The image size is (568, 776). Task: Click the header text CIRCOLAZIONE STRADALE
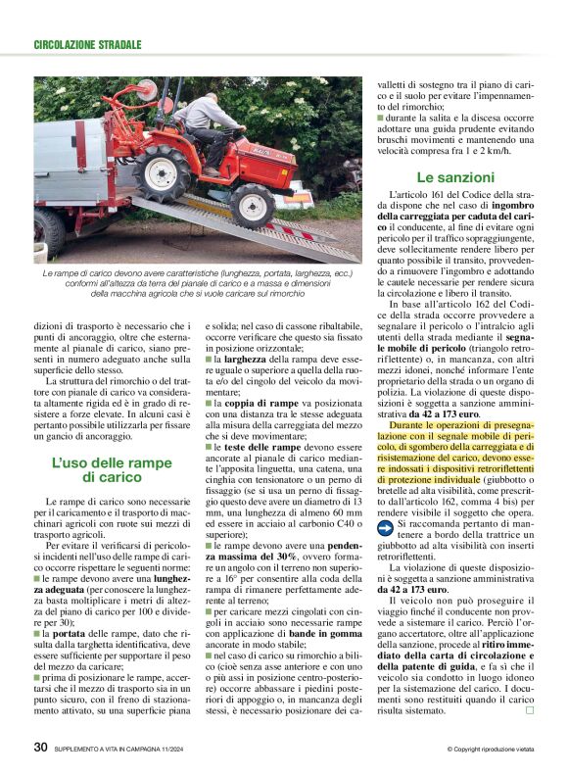tap(88, 45)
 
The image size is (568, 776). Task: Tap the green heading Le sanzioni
tap(455, 177)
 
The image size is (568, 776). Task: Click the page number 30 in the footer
tap(41, 748)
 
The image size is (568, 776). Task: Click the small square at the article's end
tap(529, 710)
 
